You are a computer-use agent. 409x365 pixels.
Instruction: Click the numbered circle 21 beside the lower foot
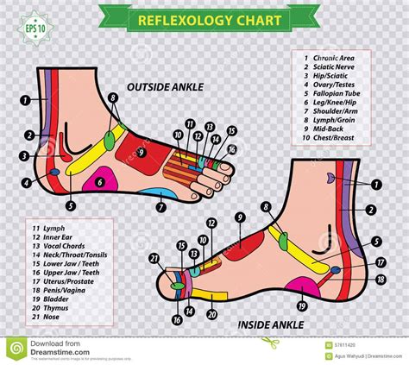[154, 258]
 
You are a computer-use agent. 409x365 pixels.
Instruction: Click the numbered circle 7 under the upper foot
[160, 206]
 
